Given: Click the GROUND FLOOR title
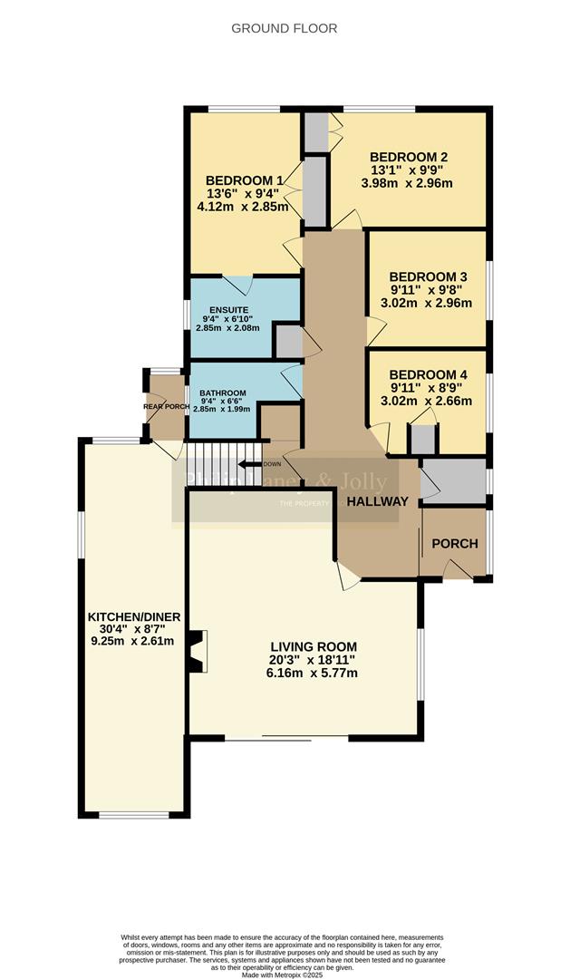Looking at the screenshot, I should (285, 28).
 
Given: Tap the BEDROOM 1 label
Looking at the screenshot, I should (243, 179).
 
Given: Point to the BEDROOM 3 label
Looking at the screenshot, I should (428, 276).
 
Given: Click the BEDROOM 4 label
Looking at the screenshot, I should (428, 374).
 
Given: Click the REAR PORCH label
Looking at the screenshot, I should (166, 407).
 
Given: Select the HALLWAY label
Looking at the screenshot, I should (378, 500).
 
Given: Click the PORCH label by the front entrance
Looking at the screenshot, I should (454, 543).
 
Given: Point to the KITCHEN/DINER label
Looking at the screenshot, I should (134, 616).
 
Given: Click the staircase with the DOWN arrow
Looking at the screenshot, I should (224, 452).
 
